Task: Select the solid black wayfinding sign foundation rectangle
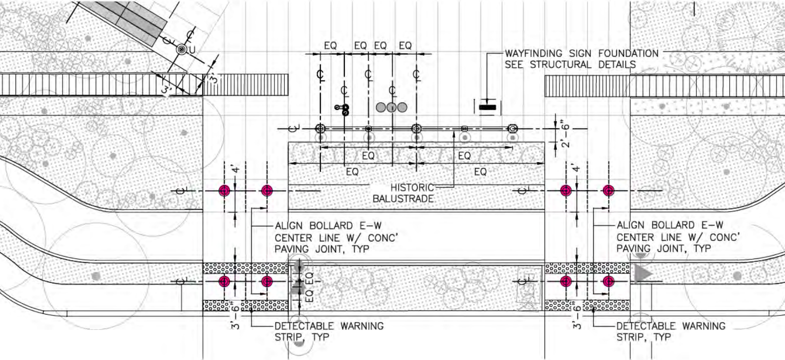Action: click(x=487, y=107)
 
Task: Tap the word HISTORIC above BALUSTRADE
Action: click(x=412, y=187)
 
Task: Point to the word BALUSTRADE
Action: click(x=403, y=198)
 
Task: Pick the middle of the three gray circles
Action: click(x=391, y=107)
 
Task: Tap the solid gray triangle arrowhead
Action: click(x=643, y=274)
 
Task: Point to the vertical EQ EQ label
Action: click(x=309, y=286)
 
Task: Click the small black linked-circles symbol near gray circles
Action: click(x=342, y=109)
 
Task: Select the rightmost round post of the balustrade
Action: click(x=512, y=128)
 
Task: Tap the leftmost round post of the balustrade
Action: click(x=320, y=128)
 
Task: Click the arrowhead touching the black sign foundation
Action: click(x=487, y=101)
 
